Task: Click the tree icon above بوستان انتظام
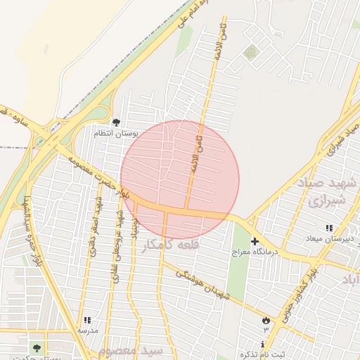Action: (117, 123)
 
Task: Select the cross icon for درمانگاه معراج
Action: (255, 242)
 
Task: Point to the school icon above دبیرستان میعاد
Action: (328, 228)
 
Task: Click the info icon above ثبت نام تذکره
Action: (263, 345)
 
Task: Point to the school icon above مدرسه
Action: (87, 321)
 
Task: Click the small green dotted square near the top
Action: (251, 51)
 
